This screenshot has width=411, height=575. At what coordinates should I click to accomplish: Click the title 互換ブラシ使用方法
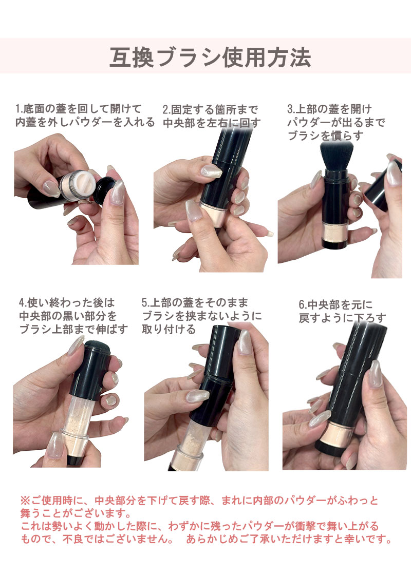[x=210, y=57]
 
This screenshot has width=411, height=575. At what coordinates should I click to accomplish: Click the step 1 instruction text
[x=85, y=115]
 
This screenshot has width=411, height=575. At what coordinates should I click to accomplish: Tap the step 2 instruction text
[x=211, y=116]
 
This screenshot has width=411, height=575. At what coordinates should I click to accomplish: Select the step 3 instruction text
[x=336, y=122]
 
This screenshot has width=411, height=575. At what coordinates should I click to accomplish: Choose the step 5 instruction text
[x=201, y=316]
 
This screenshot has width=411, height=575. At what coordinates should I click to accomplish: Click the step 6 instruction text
[x=342, y=311]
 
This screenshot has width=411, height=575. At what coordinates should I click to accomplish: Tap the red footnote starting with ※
[x=206, y=520]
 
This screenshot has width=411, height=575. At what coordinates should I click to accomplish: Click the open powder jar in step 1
[x=75, y=184]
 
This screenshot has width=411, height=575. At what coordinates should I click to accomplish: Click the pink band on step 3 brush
[x=334, y=230]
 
